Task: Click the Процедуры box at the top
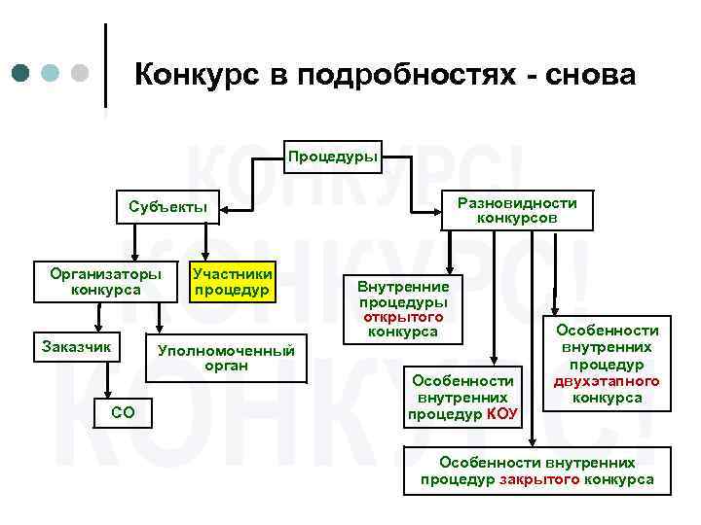coord(333,157)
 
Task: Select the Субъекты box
coord(167,206)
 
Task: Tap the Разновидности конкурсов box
coord(517,210)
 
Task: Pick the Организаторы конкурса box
coord(105,281)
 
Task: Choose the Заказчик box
coord(76,346)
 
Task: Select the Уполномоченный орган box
coord(227,358)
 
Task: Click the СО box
coord(124,412)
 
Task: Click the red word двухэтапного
coord(607,381)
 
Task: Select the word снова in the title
coord(596,75)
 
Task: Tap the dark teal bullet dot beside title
coord(22,74)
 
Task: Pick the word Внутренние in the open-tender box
coord(403,287)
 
